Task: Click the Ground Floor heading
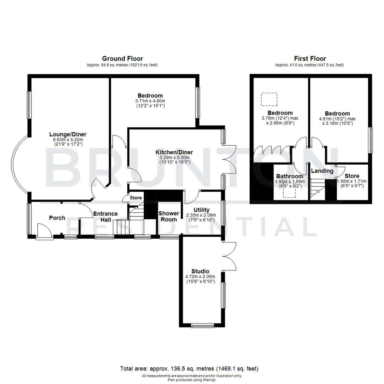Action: pos(122,59)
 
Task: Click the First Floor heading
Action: pos(310,59)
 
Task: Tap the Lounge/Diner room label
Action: pos(68,134)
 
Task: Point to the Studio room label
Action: pos(200,271)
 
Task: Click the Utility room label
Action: pos(201,210)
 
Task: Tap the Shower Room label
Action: pos(169,216)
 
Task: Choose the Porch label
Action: pos(57,218)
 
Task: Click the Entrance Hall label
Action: pos(105,217)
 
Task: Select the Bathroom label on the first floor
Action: pos(290,176)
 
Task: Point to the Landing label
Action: pos(322,171)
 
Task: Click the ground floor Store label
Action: pos(135,198)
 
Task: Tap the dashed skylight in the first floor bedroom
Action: pos(269,99)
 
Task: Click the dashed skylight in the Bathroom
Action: pos(290,192)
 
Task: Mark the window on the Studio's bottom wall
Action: pos(203,325)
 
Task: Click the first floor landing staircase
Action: pos(318,188)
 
